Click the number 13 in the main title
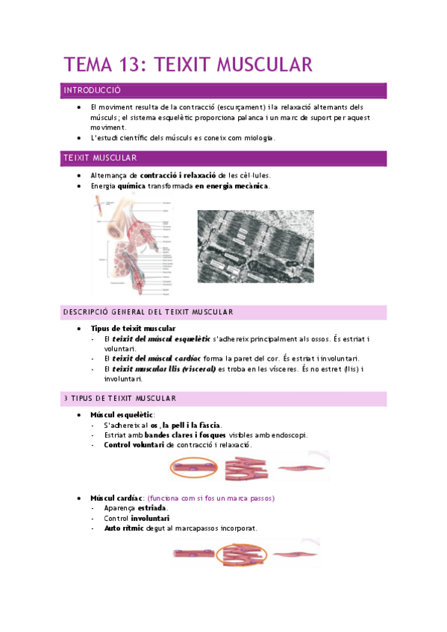coord(133,65)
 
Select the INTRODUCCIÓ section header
coord(92,90)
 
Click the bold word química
coord(130,186)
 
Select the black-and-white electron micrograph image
coord(255,245)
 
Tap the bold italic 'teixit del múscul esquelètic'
coord(157,339)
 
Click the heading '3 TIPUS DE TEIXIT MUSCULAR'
coord(119,398)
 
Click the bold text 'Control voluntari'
coord(134,444)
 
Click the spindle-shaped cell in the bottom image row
coord(296,554)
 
